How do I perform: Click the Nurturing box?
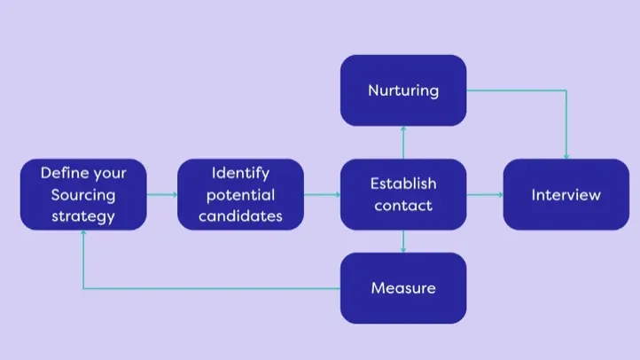pyautogui.click(x=403, y=90)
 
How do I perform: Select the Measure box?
pyautogui.click(x=403, y=288)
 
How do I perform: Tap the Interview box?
pyautogui.click(x=566, y=195)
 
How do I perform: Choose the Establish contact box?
pyautogui.click(x=403, y=195)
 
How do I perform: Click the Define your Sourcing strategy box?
pyautogui.click(x=83, y=195)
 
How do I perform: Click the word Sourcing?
pyautogui.click(x=83, y=195)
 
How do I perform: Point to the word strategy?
pyautogui.click(x=83, y=216)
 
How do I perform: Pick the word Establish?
pyautogui.click(x=403, y=184)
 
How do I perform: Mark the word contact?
pyautogui.click(x=403, y=206)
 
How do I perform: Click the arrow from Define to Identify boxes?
pyautogui.click(x=161, y=194)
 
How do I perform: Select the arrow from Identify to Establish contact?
pyautogui.click(x=323, y=194)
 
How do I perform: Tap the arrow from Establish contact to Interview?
pyautogui.click(x=485, y=194)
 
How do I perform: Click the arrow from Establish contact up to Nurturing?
pyautogui.click(x=403, y=143)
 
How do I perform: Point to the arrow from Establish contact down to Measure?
pyautogui.click(x=403, y=241)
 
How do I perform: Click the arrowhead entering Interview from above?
pyautogui.click(x=566, y=155)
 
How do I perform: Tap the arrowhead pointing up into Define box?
pyautogui.click(x=83, y=235)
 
